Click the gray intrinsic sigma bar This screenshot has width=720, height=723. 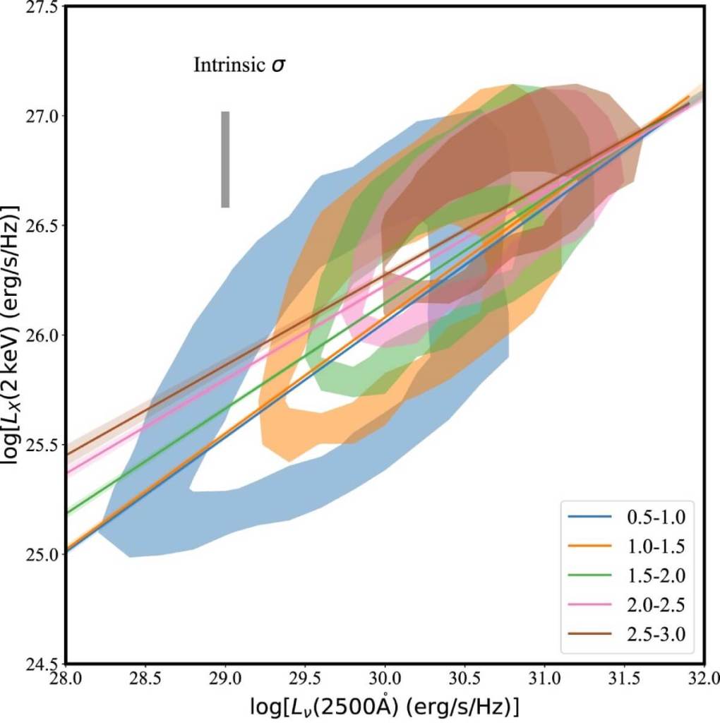tap(225, 160)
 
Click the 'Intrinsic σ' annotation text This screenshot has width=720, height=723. tap(239, 66)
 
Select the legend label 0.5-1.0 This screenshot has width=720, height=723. tap(655, 517)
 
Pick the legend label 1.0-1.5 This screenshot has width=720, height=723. tap(655, 547)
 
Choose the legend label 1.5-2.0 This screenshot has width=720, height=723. tap(655, 578)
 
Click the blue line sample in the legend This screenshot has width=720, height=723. tap(590, 517)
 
